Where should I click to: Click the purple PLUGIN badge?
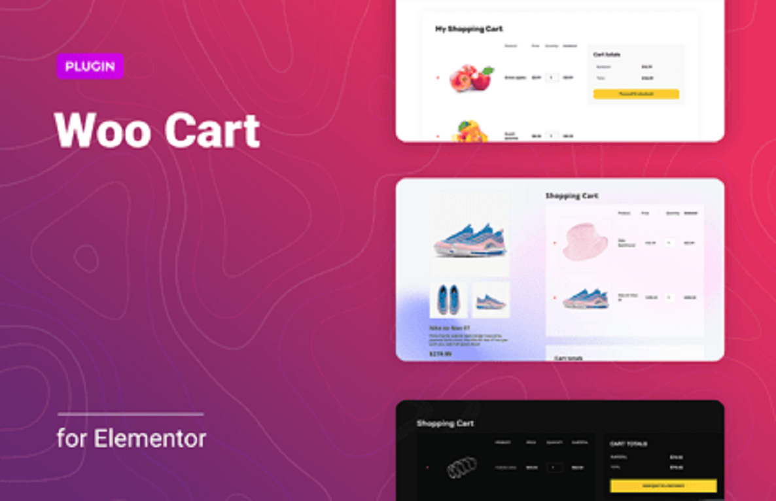click(x=90, y=66)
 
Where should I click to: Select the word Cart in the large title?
click(x=212, y=131)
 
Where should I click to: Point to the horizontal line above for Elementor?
click(x=130, y=414)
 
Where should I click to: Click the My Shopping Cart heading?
click(x=468, y=29)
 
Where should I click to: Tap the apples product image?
click(x=472, y=78)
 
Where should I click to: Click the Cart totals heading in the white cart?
click(x=607, y=54)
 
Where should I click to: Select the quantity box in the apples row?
click(x=552, y=78)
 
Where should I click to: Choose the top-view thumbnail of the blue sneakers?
click(x=448, y=300)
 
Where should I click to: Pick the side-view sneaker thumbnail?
click(x=491, y=300)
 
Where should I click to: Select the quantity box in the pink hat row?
click(x=669, y=243)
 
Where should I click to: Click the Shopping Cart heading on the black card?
click(x=445, y=423)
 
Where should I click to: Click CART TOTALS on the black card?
click(x=628, y=443)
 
